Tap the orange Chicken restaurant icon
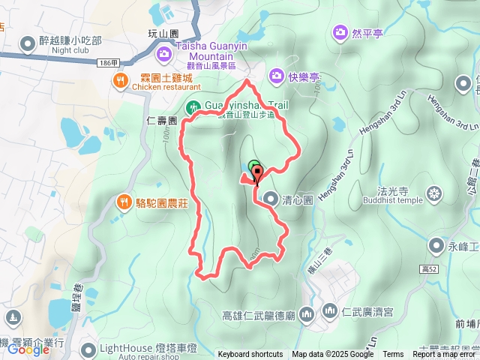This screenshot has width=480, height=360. click(x=119, y=80)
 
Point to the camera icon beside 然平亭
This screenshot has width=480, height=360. click(x=339, y=33)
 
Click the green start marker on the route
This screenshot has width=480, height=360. click(x=253, y=166)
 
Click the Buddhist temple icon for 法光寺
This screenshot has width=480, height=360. click(x=434, y=195)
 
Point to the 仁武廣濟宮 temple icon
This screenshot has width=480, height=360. click(x=329, y=310)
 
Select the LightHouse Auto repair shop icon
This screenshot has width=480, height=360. click(x=90, y=349)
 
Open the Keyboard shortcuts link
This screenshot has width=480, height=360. click(x=250, y=355)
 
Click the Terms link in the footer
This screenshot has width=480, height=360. click(x=392, y=355)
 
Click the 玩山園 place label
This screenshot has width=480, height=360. click(x=163, y=34)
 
